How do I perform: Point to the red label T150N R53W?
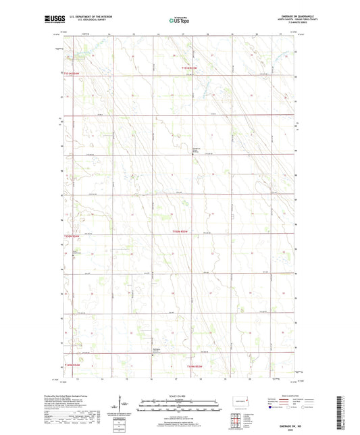[x=183, y=233]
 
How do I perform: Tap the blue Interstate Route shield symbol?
[x=272, y=407]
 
